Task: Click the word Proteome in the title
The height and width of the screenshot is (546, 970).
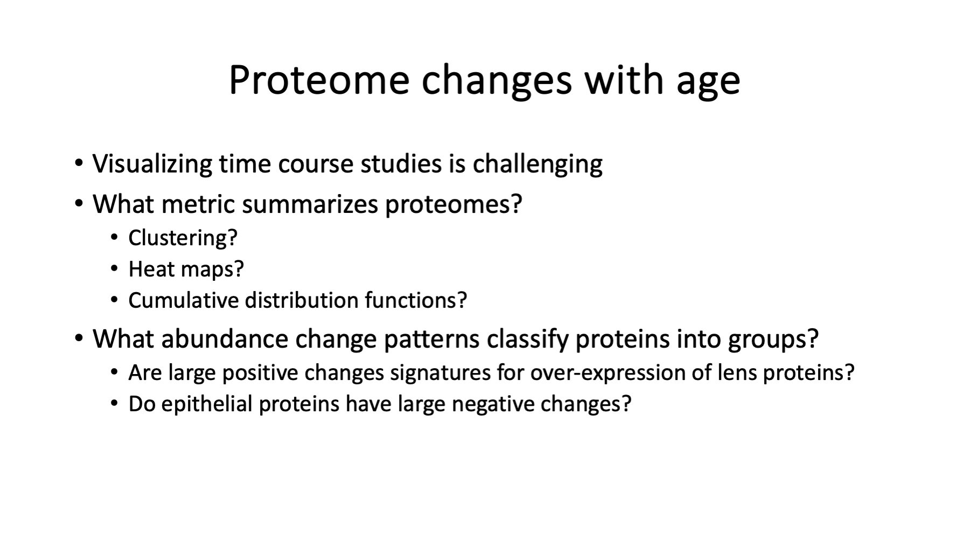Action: coord(319,80)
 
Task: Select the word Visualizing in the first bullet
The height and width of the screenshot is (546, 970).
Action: coord(152,164)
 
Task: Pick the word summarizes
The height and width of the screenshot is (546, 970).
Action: coord(310,204)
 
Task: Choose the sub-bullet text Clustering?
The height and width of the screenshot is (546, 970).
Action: coord(183,238)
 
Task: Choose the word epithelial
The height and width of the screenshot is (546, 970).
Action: coord(207,404)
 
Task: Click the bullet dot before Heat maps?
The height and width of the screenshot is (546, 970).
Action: coord(114,268)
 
